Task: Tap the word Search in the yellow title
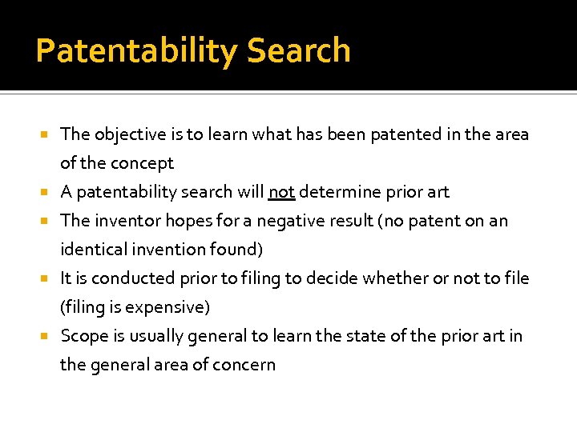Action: (298, 50)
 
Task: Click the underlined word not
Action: (282, 192)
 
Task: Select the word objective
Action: (135, 134)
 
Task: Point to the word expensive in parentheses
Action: (168, 307)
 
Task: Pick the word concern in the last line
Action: (244, 365)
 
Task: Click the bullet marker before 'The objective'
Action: (48, 134)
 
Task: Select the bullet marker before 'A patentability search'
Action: (48, 192)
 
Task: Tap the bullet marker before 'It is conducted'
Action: (48, 278)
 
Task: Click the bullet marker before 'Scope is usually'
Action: (48, 336)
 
